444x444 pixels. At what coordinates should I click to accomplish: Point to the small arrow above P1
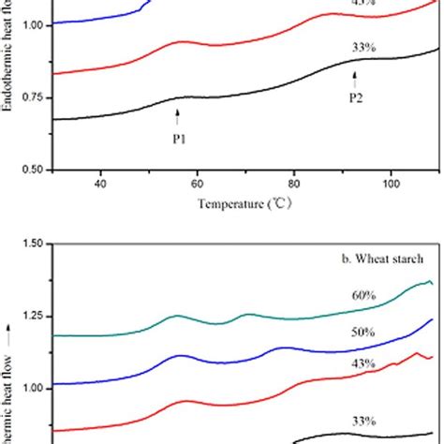coord(177,115)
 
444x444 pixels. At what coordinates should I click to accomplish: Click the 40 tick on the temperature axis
coord(100,183)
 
